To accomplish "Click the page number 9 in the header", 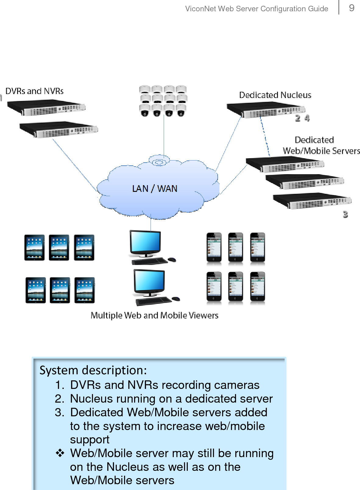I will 351,8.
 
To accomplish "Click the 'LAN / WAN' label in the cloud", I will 155,189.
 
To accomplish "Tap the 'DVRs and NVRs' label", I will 34,91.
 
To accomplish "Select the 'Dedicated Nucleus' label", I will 275,95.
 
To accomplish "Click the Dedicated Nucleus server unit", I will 266,110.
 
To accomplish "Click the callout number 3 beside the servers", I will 345,214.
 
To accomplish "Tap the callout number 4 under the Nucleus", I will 307,118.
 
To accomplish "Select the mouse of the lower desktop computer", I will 176,299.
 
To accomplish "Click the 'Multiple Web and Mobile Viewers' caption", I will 155,315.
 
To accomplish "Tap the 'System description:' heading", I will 93,370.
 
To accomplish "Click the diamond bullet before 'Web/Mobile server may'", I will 60,453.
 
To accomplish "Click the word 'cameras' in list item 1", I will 237,385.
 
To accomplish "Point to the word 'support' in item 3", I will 90,439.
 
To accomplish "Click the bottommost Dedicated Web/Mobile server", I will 312,201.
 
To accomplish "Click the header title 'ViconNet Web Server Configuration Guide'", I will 256,9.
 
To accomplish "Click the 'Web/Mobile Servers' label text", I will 321,151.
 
